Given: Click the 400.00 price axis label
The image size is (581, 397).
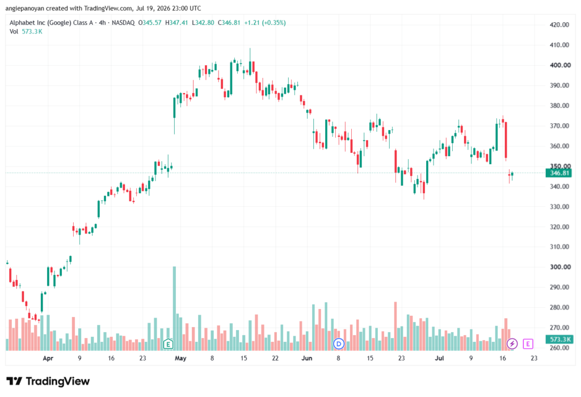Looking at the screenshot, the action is point(560,65).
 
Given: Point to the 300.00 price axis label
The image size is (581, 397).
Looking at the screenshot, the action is point(560,267).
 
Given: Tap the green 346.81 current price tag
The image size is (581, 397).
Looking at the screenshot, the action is point(559,173).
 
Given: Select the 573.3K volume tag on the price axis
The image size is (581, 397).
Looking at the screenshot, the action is point(559,340).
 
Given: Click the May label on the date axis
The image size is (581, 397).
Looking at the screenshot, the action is point(180,358).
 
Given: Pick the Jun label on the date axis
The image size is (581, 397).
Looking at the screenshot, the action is point(307,358).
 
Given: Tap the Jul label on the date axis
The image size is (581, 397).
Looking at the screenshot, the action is point(439,358).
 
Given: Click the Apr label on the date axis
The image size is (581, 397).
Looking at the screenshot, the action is point(48,358).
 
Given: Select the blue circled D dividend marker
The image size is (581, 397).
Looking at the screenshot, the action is point(338,344).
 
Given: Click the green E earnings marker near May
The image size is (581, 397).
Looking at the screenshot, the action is point(168,344).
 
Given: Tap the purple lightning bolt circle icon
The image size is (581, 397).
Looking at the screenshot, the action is point(512,344).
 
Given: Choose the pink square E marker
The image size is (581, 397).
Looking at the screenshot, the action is point(528,344).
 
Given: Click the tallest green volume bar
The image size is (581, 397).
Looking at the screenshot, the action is point(175,308).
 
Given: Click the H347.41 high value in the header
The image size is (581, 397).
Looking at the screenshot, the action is point(176,23).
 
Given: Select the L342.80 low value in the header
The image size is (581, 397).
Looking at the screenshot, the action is point(203,23).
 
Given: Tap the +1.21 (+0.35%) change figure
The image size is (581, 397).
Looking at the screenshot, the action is point(265,23).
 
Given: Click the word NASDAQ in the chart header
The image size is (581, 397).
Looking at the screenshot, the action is point(123,23).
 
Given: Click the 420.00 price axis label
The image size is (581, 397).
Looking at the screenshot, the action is point(559,25).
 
